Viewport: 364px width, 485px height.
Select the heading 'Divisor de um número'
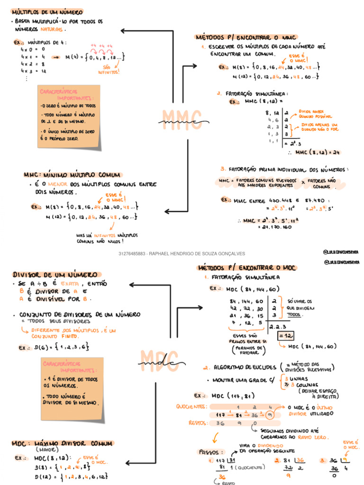(55, 275)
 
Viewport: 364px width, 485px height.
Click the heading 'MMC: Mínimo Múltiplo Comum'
(72, 175)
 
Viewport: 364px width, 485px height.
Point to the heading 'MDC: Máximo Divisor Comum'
(63, 444)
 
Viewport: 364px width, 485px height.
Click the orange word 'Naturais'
(53, 29)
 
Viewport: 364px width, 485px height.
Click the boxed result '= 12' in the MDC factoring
(285, 336)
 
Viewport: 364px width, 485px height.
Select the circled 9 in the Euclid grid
(269, 415)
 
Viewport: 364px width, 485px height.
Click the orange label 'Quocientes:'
(191, 406)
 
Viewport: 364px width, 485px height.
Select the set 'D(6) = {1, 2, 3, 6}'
(54, 347)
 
